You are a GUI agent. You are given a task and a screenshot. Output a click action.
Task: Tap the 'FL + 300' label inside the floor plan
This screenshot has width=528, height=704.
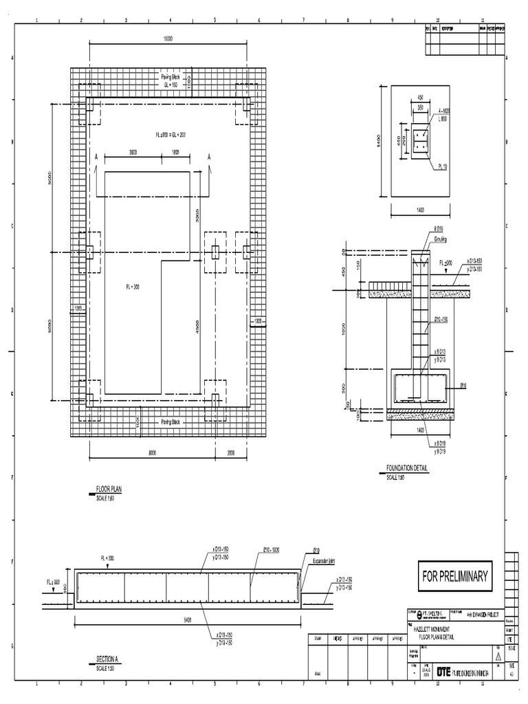click(x=132, y=287)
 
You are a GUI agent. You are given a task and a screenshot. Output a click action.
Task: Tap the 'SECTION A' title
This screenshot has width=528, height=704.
click(x=107, y=659)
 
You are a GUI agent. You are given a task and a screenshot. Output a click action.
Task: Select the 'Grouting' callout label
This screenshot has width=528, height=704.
click(x=439, y=240)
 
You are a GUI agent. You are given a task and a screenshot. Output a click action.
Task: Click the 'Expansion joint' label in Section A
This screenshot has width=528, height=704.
click(x=327, y=561)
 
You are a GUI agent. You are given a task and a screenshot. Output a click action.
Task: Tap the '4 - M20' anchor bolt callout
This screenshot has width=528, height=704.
click(x=443, y=111)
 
